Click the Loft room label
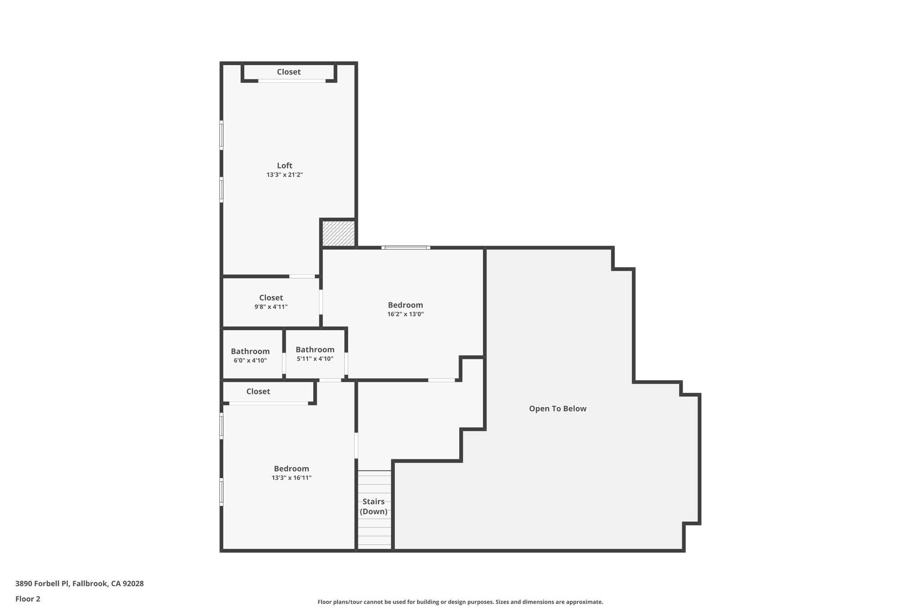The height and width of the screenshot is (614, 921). tap(284, 166)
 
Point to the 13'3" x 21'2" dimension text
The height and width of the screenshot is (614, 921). tap(284, 175)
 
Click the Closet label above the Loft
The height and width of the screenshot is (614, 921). tap(288, 72)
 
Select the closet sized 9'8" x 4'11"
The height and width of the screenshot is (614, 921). tap(271, 302)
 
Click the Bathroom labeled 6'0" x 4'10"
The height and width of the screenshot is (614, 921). tap(250, 355)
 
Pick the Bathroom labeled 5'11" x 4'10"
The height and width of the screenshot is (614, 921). tap(315, 354)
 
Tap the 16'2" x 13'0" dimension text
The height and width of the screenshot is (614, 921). tap(405, 314)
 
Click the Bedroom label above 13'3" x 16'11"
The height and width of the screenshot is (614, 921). tap(291, 469)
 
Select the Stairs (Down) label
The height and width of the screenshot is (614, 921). tap(374, 506)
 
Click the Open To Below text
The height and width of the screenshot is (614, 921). tap(558, 408)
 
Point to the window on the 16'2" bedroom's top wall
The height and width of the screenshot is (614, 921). tap(406, 247)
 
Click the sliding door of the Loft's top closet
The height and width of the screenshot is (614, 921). tap(291, 81)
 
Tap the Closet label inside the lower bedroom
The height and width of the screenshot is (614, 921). tap(258, 391)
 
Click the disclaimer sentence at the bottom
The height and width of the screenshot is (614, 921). tap(460, 602)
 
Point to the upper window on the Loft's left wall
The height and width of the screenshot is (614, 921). tap(221, 134)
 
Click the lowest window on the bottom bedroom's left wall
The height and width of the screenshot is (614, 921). tap(221, 492)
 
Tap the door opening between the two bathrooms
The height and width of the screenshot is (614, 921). tap(284, 363)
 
